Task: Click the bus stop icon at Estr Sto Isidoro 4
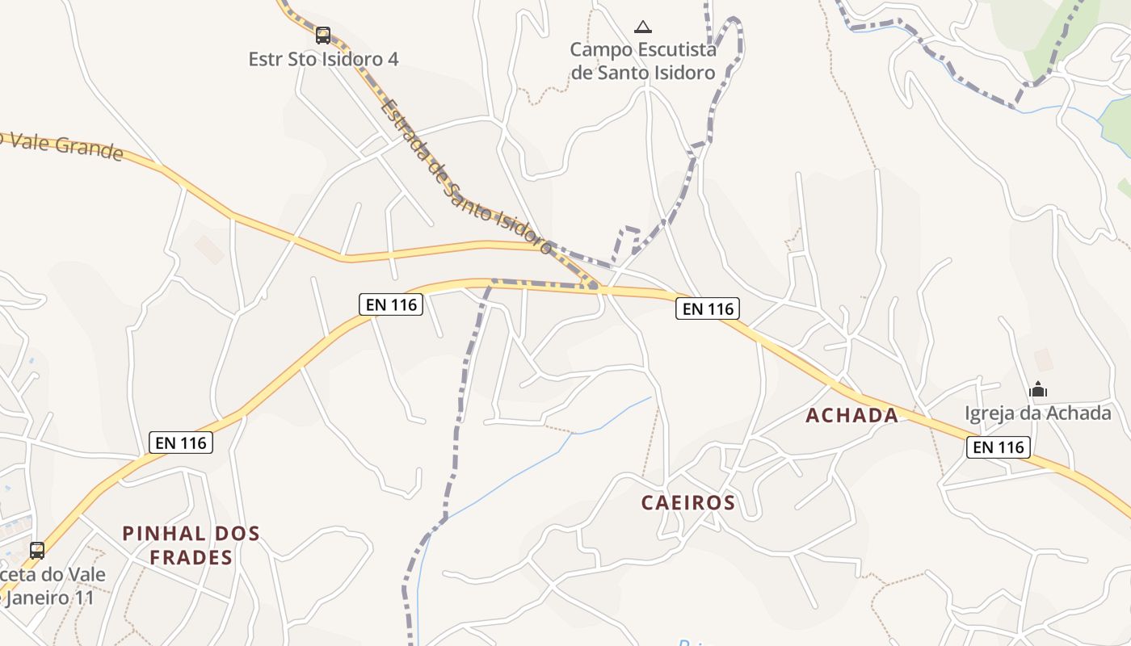[323, 36]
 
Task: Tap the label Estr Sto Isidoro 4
[323, 59]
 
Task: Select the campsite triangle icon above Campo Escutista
[642, 27]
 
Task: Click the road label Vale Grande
[65, 146]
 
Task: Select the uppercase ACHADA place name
[851, 416]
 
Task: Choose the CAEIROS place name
[688, 503]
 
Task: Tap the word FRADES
[191, 557]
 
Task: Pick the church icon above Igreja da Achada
[1038, 390]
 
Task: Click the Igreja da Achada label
[1037, 413]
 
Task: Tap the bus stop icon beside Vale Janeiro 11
[37, 551]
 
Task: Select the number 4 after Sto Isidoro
[392, 59]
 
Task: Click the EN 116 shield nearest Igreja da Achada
[999, 447]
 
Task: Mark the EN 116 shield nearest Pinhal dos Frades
[181, 443]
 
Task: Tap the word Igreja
[990, 413]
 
